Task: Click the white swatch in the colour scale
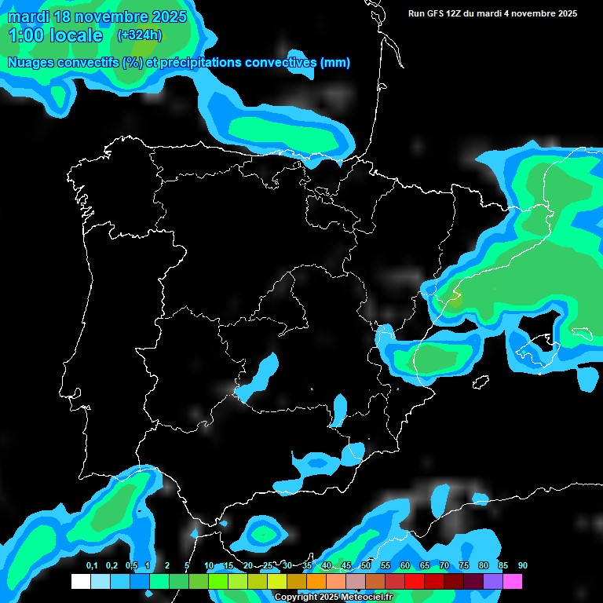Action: coord(80,581)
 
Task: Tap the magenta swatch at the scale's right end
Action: coord(513,581)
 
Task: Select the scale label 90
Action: coord(522,566)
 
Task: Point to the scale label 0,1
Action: coord(92,566)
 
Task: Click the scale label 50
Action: coord(366,566)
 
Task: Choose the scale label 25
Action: coord(268,566)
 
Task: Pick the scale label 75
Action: coord(464,566)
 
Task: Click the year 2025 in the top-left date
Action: coord(168,16)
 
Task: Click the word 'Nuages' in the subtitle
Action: coord(31,63)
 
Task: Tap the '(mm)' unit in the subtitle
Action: coord(335,63)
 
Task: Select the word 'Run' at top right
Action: coord(416,13)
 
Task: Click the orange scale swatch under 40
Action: coord(316,581)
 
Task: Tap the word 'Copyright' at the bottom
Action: coord(296,598)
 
